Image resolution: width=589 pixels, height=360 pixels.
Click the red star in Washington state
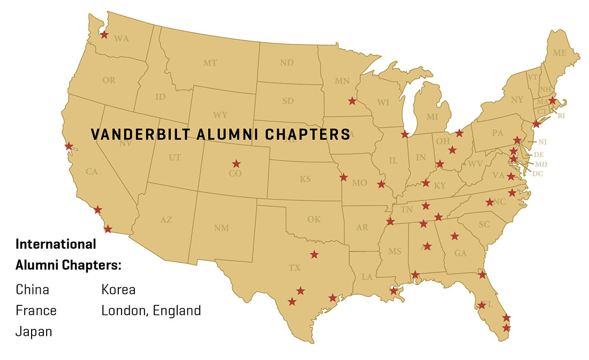(104, 35)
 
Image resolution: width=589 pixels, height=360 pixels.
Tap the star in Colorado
(236, 163)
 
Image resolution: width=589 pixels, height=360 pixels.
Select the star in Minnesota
(352, 101)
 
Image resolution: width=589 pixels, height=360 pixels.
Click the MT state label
(210, 63)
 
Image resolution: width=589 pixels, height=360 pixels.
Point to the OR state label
(109, 80)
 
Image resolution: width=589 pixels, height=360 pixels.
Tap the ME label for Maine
(560, 53)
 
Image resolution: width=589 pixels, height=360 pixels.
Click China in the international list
(32, 290)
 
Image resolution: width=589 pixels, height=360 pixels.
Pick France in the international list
(36, 311)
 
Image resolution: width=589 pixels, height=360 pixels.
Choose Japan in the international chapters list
(34, 332)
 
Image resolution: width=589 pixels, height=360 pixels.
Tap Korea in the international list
(118, 290)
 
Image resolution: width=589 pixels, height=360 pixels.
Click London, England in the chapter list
(151, 311)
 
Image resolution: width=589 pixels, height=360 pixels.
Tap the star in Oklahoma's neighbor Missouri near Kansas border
(343, 177)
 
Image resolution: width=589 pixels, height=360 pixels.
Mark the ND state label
(286, 63)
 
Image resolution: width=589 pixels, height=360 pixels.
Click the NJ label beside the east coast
(542, 142)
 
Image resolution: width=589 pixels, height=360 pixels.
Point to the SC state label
(484, 225)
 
